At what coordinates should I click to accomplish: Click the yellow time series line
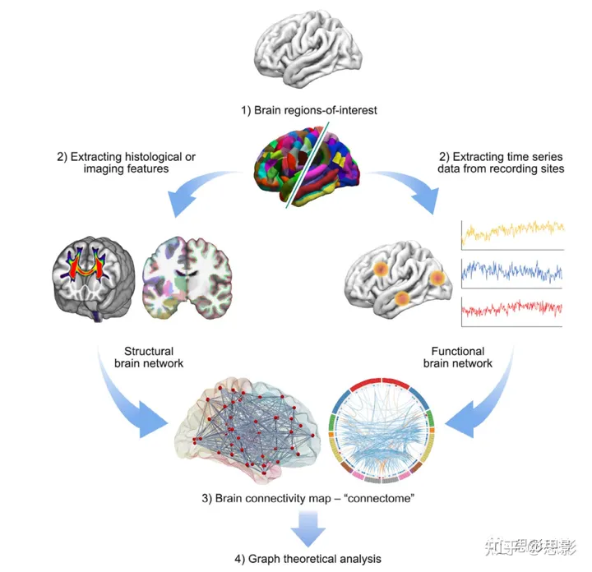(513, 232)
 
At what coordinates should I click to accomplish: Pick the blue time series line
(513, 270)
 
